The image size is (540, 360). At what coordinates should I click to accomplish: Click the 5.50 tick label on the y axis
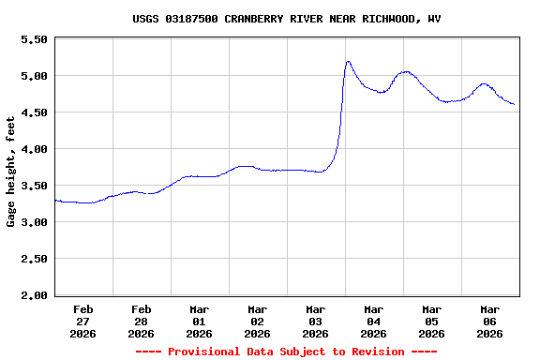[x=34, y=39]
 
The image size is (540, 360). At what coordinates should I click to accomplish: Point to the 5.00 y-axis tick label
[x=34, y=76]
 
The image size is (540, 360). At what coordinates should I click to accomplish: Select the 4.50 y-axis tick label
[x=34, y=112]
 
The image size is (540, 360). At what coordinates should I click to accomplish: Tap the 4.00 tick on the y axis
[x=34, y=149]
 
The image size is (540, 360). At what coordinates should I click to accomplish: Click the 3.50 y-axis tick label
[x=34, y=186]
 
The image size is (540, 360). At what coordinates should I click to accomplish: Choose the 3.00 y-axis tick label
[x=34, y=222]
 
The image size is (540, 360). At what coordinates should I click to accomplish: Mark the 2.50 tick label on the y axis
[x=34, y=259]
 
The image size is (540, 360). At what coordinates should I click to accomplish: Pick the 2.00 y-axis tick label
[x=34, y=295]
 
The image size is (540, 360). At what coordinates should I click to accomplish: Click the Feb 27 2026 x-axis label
[x=83, y=321]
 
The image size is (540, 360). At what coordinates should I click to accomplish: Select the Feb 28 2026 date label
[x=142, y=321]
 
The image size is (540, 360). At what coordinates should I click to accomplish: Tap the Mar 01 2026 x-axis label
[x=200, y=321]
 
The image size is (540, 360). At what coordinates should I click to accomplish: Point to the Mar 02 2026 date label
[x=258, y=321]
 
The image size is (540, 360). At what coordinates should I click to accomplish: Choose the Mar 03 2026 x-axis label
[x=316, y=321]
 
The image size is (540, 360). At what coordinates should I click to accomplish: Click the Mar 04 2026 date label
[x=374, y=321]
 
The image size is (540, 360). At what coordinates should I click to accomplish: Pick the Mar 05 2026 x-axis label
[x=432, y=321]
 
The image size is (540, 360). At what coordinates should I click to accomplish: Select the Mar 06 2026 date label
[x=490, y=321]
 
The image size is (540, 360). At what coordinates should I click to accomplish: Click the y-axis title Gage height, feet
[x=11, y=172]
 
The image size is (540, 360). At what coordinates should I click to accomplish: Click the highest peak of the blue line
[x=348, y=62]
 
